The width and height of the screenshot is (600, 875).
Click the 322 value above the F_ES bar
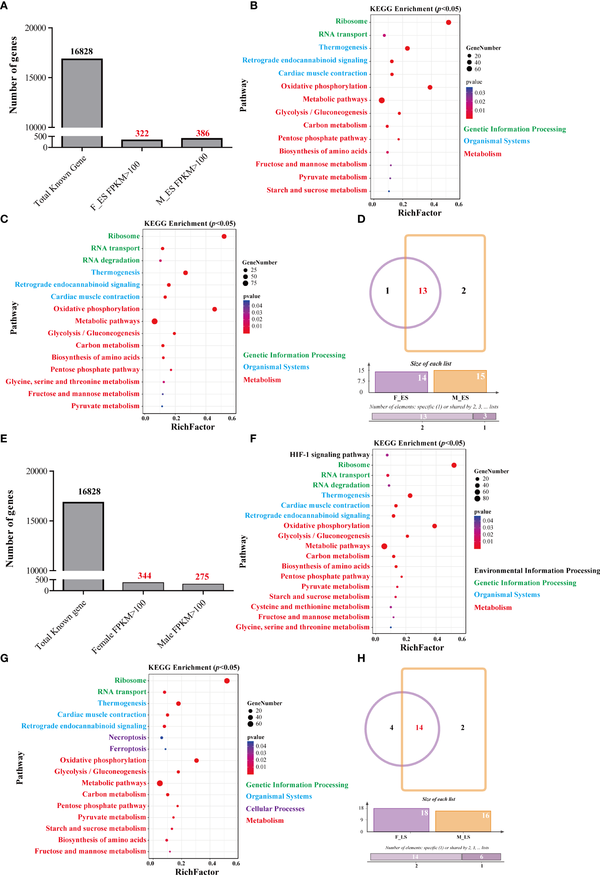point(142,134)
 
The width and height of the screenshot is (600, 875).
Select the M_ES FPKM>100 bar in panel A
point(202,143)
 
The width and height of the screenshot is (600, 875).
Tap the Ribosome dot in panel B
point(448,22)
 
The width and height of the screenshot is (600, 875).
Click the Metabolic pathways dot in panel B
point(382,101)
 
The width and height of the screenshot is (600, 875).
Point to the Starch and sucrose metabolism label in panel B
point(317,190)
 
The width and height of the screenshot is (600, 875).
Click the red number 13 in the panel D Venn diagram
point(422,291)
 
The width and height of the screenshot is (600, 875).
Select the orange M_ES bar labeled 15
point(460,381)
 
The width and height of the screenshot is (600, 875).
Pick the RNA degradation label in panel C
point(111,260)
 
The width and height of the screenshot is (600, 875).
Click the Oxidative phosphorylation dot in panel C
point(214,309)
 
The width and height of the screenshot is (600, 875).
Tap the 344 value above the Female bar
point(144,576)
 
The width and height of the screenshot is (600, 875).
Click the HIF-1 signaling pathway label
point(330,455)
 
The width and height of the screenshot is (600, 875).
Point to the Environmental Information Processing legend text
point(537,570)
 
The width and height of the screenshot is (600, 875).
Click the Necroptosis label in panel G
point(127,738)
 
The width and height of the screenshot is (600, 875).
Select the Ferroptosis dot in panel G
point(165,749)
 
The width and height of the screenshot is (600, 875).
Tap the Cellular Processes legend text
point(275,809)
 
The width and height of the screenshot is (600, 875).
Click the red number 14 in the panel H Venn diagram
point(419,728)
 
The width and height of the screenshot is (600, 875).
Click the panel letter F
point(253,439)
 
